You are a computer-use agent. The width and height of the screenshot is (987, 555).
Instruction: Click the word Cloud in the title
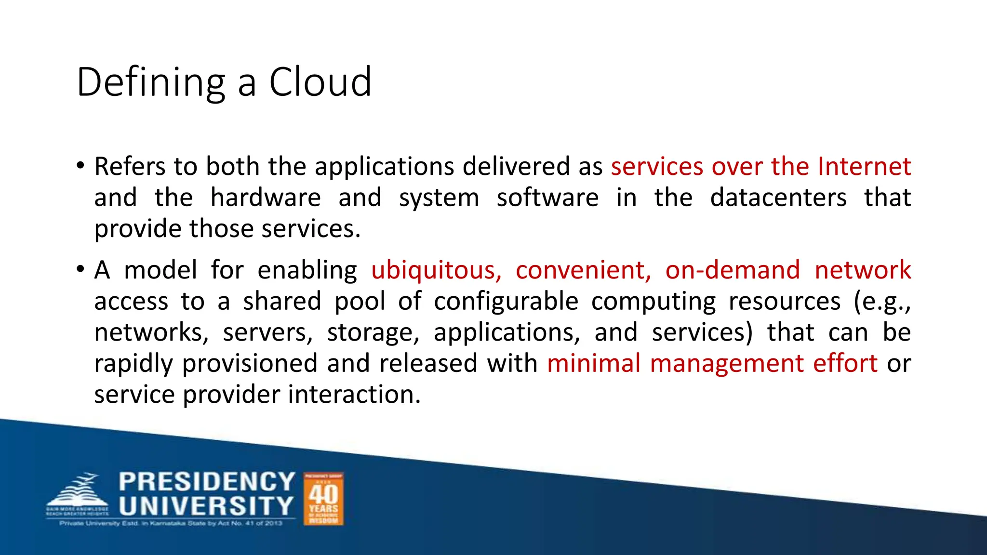[x=320, y=82]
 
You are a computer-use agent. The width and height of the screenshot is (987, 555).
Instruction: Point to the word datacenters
[x=778, y=198]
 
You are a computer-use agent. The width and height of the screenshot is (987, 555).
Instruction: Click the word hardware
[x=266, y=198]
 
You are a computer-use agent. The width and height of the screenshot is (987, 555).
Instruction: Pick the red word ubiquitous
[x=436, y=270]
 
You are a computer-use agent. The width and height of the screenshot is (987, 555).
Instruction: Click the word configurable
[x=506, y=302]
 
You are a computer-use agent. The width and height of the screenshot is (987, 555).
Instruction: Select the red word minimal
[x=593, y=363]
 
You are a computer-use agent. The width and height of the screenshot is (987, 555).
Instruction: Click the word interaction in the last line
[x=354, y=395]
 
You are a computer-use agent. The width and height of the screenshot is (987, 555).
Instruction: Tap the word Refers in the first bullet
[x=130, y=167]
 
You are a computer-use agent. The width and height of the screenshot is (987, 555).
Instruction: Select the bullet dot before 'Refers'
[x=80, y=166]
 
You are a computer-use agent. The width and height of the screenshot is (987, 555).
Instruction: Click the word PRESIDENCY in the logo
[x=207, y=482]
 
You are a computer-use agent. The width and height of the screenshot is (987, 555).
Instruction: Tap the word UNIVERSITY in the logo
[x=206, y=506]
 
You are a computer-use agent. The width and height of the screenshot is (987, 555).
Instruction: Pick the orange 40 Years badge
[x=323, y=499]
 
